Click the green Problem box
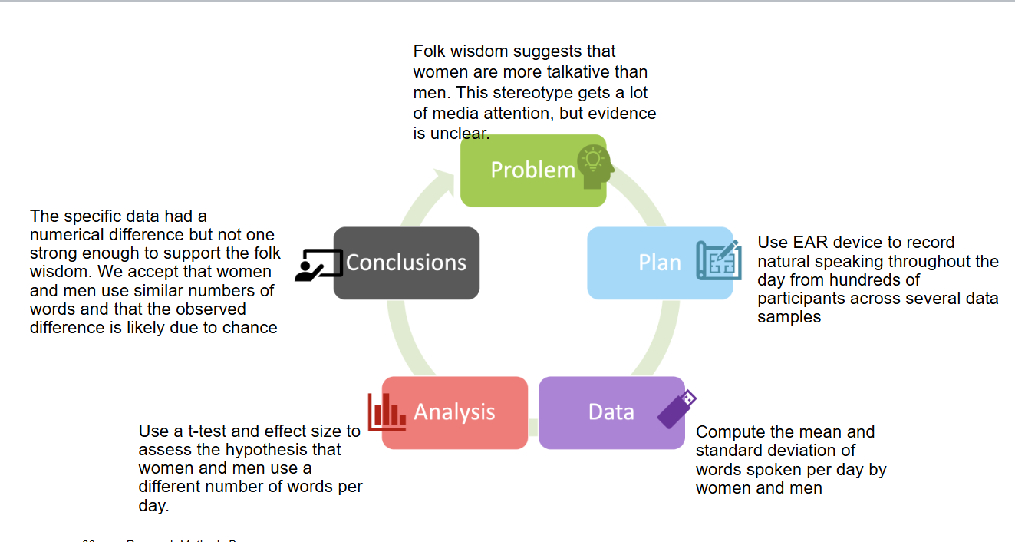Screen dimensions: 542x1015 tap(532, 170)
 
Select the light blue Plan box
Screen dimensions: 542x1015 tap(659, 263)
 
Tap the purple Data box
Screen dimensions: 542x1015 tap(611, 412)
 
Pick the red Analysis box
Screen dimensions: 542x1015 tap(454, 412)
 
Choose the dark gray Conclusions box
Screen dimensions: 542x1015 tap(406, 263)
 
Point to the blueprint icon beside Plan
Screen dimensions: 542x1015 tap(719, 260)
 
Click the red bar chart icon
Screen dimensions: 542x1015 tap(387, 411)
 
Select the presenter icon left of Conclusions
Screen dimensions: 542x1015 tap(318, 264)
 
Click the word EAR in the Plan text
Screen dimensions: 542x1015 tap(806, 243)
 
